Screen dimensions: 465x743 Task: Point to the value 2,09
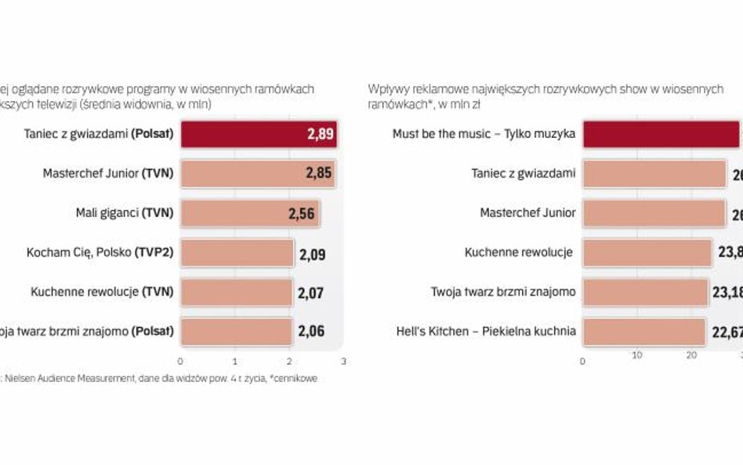tap(311, 253)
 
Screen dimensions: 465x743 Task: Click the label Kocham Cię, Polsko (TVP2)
tap(100, 252)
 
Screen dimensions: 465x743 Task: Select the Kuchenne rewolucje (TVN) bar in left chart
tap(236, 292)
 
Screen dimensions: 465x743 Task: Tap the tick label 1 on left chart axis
tap(235, 361)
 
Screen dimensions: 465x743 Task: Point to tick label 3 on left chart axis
tap(343, 361)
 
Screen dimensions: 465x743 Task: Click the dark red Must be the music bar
tap(661, 134)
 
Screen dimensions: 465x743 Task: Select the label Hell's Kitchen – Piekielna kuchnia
tap(486, 332)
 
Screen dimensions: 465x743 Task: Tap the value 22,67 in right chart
tap(726, 332)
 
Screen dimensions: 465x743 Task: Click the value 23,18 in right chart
tap(727, 292)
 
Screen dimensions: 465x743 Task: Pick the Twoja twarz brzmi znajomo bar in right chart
tap(645, 292)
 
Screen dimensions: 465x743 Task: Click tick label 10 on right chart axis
tap(636, 354)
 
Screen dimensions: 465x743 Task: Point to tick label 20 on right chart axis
tap(691, 354)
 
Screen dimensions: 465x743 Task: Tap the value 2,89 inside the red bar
tap(321, 134)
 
